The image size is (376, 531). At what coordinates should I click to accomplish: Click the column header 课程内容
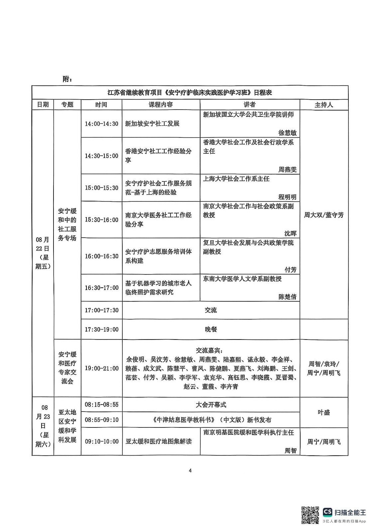(161, 105)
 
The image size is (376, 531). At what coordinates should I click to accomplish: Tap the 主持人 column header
(323, 105)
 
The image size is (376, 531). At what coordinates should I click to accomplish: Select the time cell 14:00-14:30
(101, 124)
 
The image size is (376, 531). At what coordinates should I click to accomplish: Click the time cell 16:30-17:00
(101, 288)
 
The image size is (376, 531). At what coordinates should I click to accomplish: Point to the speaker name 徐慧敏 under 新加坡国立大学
(287, 133)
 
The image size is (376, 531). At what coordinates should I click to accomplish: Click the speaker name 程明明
(287, 197)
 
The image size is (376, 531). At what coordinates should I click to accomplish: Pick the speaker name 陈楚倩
(287, 297)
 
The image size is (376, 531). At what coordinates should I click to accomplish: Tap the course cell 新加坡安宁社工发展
(152, 124)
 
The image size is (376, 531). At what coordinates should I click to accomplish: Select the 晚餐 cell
(211, 329)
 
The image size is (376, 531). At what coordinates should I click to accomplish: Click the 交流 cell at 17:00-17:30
(211, 310)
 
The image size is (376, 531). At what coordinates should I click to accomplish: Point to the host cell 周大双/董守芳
(323, 215)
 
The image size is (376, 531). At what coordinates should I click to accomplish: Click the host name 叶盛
(323, 412)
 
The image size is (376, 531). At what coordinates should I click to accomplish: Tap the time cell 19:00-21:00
(101, 368)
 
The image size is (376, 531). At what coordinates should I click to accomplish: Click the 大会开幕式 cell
(211, 405)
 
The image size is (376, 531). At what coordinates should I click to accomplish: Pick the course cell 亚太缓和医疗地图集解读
(159, 441)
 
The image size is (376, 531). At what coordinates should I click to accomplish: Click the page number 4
(190, 470)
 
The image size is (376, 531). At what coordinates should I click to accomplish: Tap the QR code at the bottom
(310, 515)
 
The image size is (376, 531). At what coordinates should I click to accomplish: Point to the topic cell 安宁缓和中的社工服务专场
(67, 224)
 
